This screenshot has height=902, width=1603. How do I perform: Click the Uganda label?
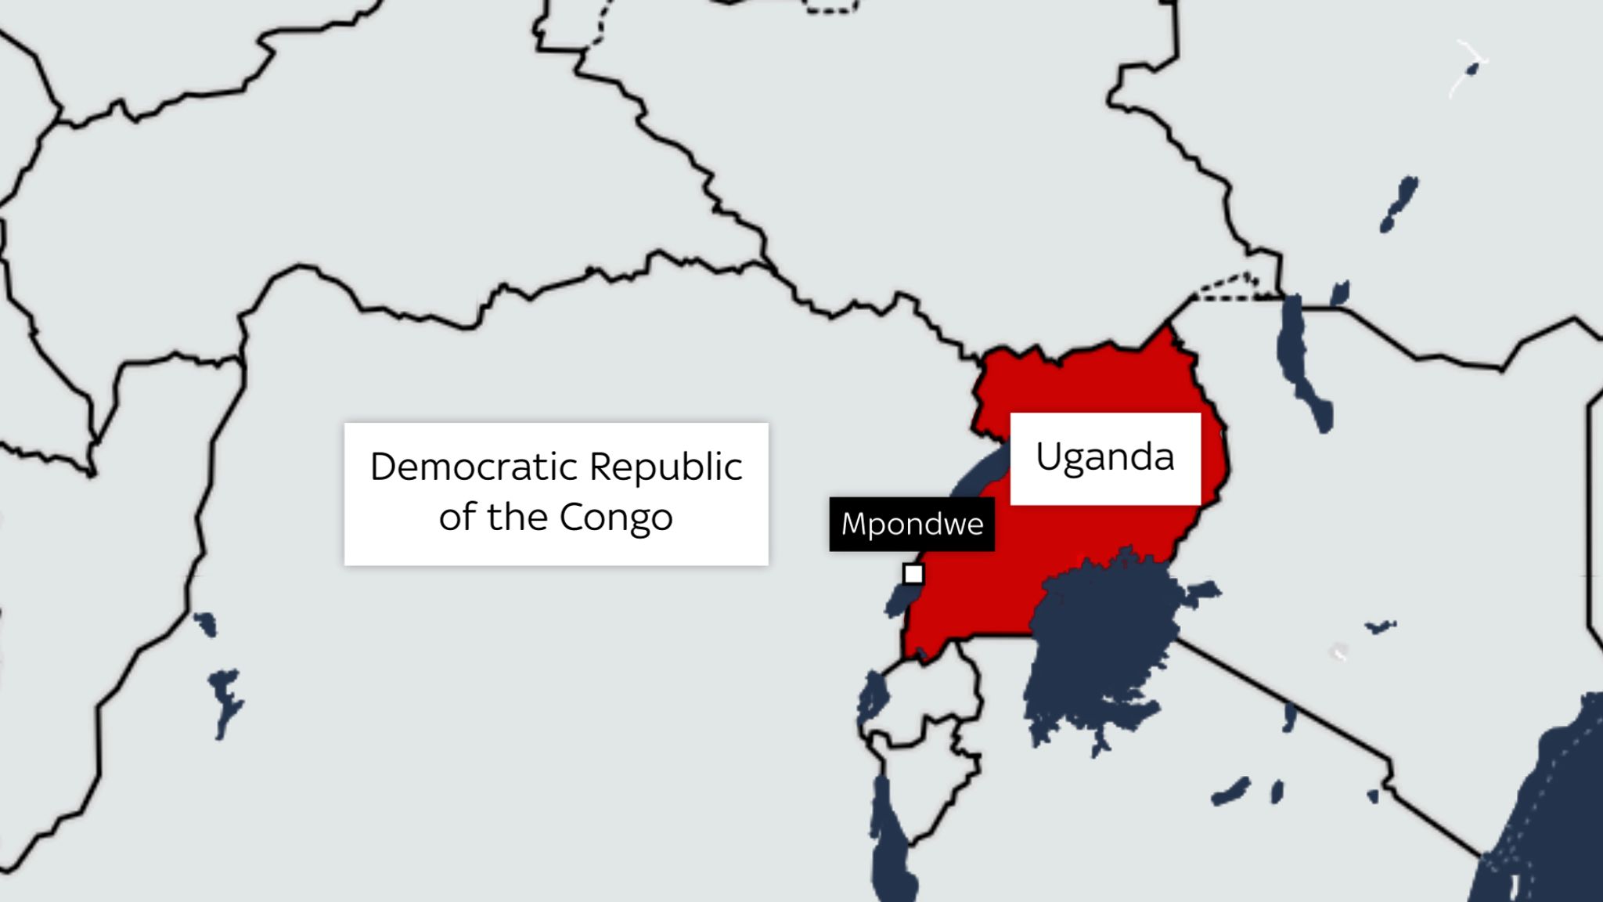pos(1104,458)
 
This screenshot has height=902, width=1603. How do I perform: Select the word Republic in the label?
pos(665,467)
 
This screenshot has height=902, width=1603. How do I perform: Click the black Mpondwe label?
pos(912,524)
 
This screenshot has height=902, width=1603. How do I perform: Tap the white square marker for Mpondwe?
pos(913,574)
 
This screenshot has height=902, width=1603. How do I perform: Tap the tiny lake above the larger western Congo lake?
pos(205,624)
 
